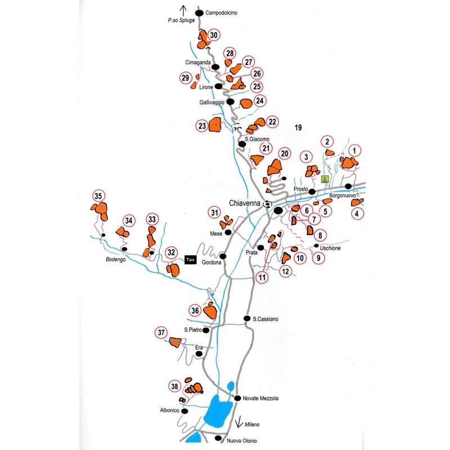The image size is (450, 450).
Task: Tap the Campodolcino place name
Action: [x=223, y=12]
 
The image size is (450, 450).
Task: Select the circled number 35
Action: [x=98, y=196]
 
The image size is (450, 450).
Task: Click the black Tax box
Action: [x=190, y=260]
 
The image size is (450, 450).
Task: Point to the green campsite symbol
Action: [x=325, y=179]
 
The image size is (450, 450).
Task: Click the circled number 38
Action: [x=175, y=386]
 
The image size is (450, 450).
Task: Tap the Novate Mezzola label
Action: [x=260, y=398]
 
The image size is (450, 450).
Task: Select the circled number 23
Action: [x=202, y=127]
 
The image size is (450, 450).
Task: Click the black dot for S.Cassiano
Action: [x=246, y=318]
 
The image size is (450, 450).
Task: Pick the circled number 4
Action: [x=357, y=213]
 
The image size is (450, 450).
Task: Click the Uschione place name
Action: [x=331, y=248]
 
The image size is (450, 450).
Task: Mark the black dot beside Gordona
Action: [x=223, y=256]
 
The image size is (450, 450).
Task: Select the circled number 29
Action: [x=185, y=78]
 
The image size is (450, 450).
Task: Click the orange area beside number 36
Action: [x=211, y=311]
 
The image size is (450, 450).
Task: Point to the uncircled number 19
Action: [x=298, y=128]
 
